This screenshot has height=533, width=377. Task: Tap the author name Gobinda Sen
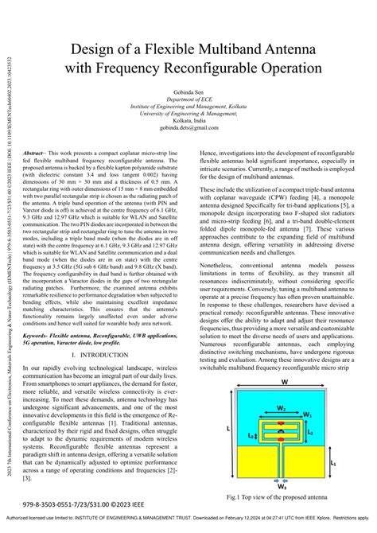click(188, 95)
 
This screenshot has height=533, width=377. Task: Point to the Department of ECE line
click(188, 103)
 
